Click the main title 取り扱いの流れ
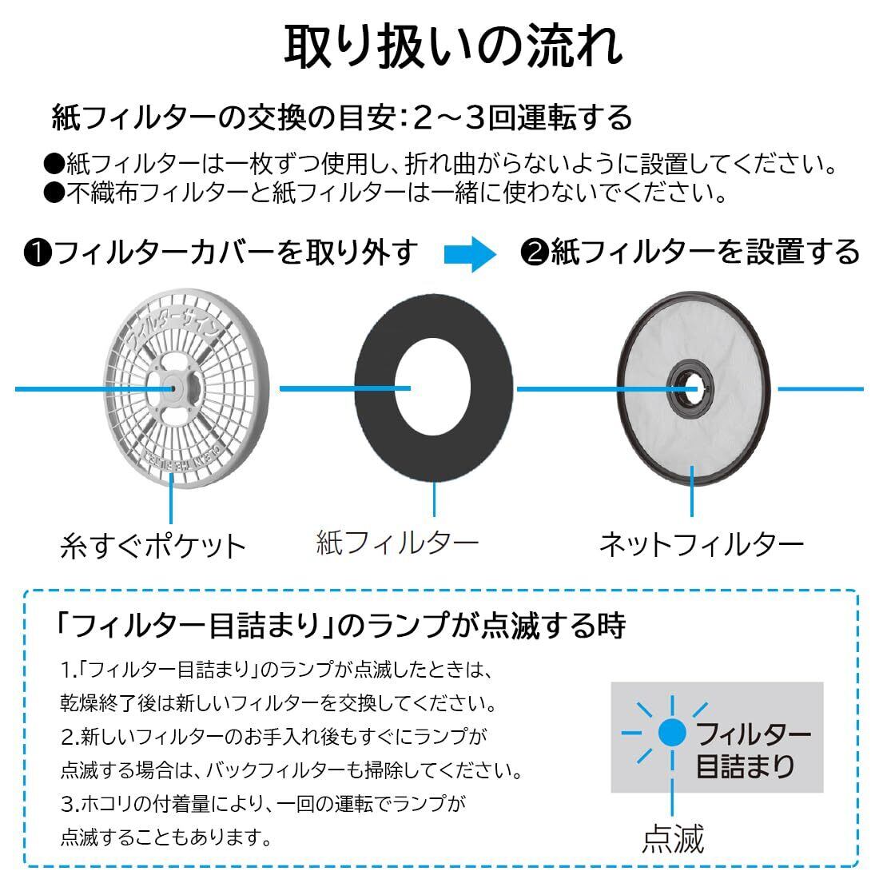click(453, 46)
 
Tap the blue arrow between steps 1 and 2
click(470, 253)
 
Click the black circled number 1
click(38, 253)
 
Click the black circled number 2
click(533, 253)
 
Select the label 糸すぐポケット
click(153, 547)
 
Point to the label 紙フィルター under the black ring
click(398, 543)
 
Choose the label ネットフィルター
click(701, 545)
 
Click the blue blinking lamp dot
click(671, 732)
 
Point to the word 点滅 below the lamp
click(673, 839)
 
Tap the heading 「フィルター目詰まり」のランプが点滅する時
click(340, 626)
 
